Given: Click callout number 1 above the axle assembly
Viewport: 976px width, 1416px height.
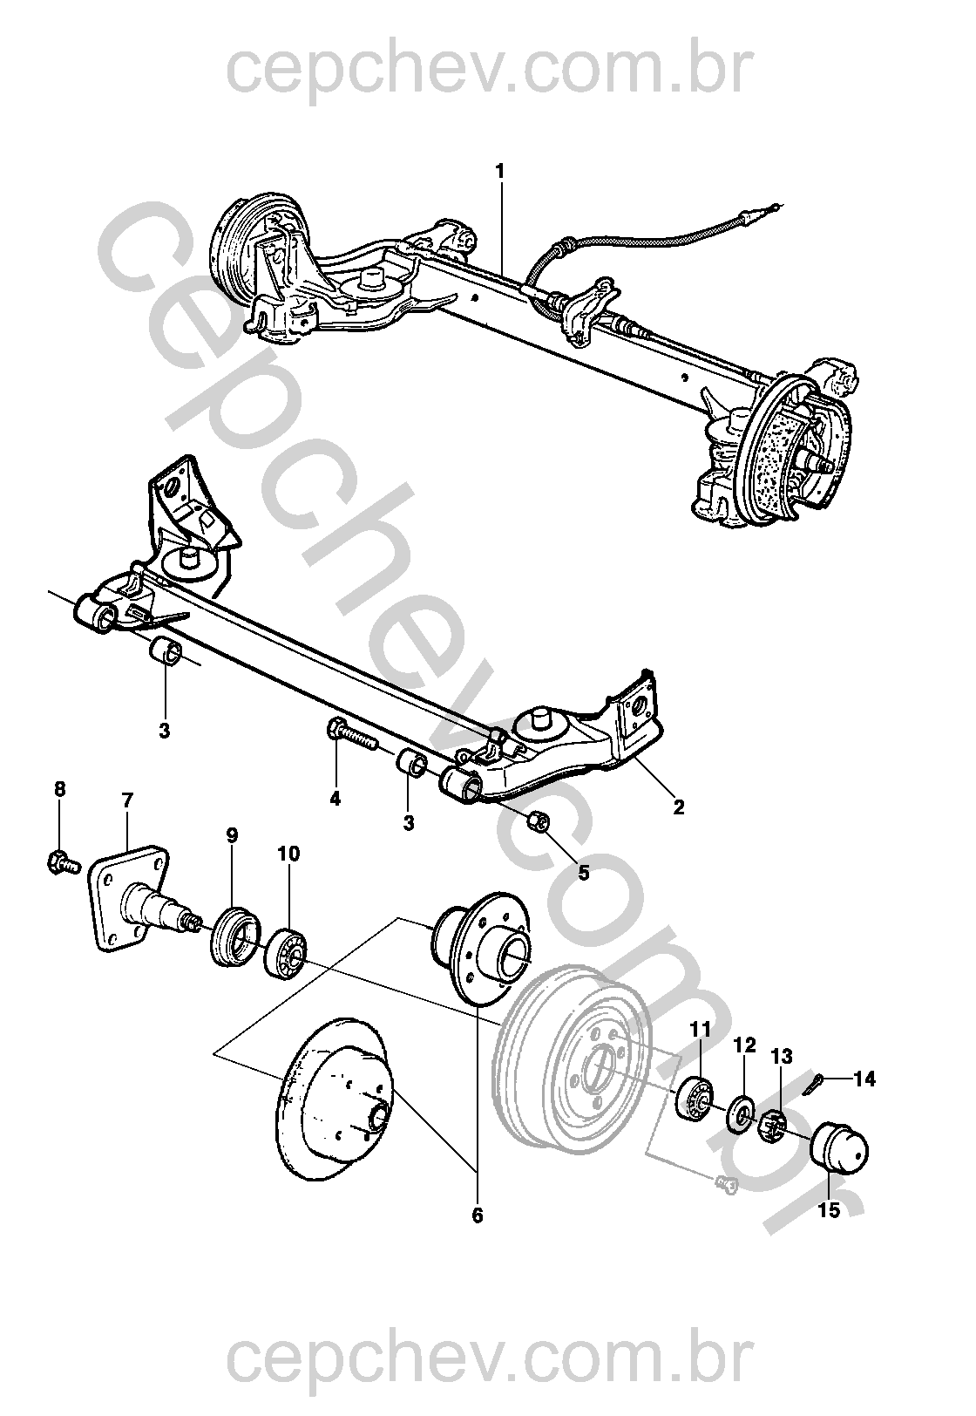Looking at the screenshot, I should click(x=500, y=172).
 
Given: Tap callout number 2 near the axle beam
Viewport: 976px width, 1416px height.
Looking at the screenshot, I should click(x=678, y=807).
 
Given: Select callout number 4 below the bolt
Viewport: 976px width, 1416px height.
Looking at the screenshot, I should click(x=335, y=798).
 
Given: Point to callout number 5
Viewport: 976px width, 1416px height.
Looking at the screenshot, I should click(x=584, y=871).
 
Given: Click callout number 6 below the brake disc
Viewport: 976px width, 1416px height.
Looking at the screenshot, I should click(x=477, y=1215).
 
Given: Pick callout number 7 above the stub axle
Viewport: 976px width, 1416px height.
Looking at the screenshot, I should click(x=127, y=800).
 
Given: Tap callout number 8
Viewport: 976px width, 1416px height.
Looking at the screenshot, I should click(x=59, y=790).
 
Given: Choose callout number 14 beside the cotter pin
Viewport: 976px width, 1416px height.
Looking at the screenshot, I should click(x=864, y=1079).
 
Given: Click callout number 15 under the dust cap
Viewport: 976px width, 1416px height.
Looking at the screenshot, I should click(x=829, y=1210).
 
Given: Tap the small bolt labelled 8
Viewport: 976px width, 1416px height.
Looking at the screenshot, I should click(x=61, y=863).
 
